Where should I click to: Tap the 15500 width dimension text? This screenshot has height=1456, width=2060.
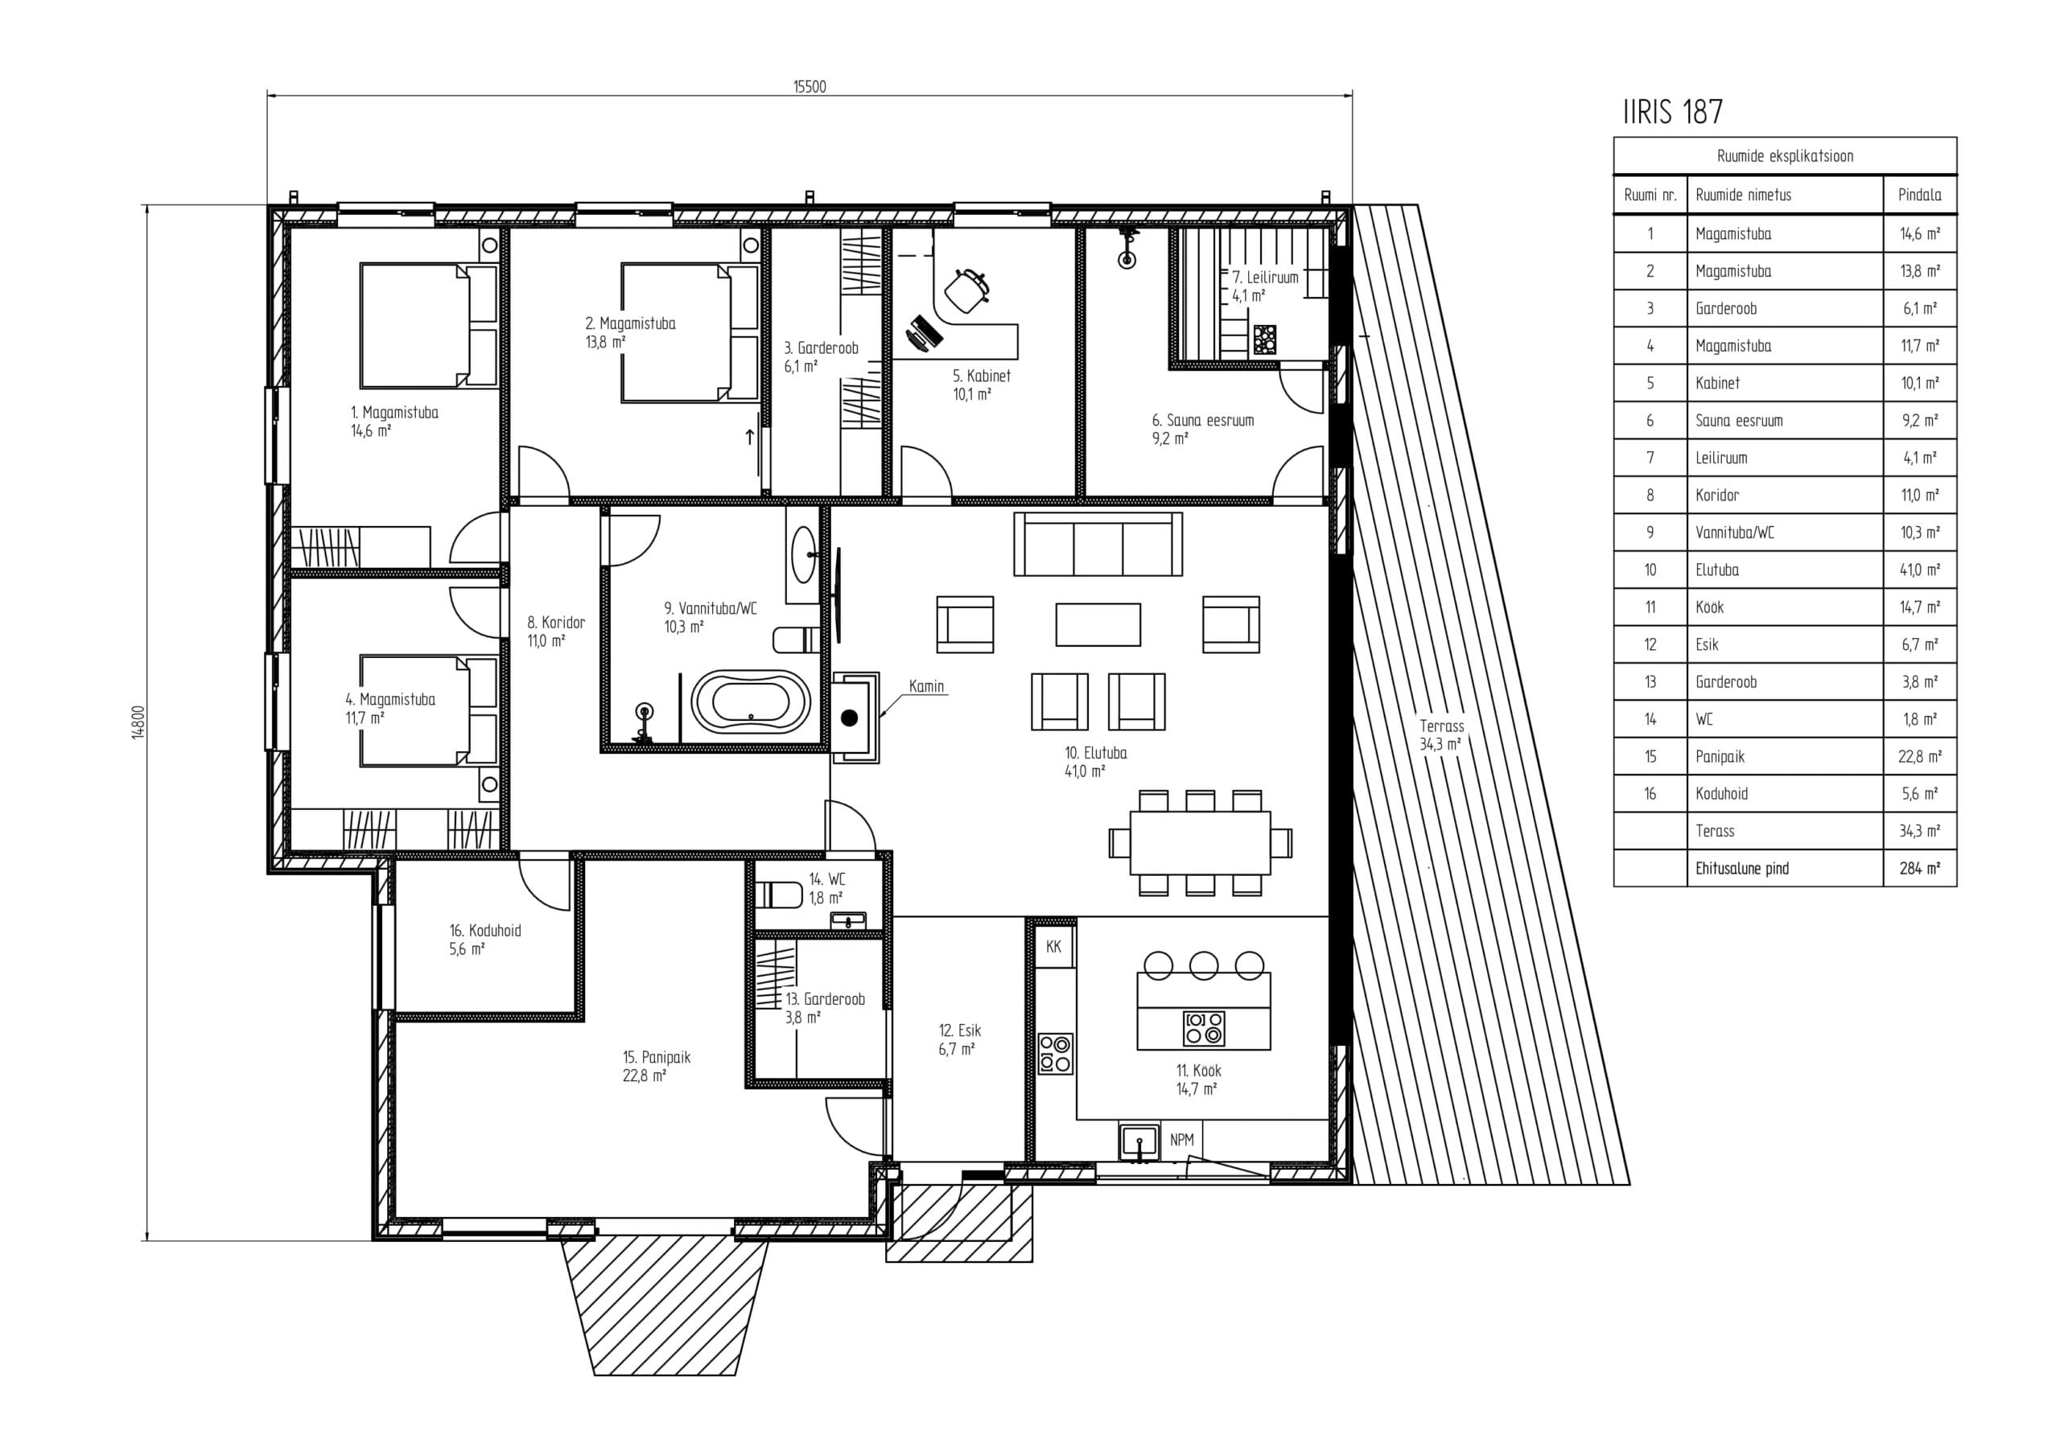point(810,87)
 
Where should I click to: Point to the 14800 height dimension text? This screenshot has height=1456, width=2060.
point(138,722)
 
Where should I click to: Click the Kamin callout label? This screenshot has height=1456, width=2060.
point(926,686)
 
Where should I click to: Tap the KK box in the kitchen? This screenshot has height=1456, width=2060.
point(1054,947)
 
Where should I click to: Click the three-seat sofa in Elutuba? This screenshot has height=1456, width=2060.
point(1098,544)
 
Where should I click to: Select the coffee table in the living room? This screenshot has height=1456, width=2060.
point(1098,624)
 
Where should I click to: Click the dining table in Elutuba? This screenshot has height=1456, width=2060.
point(1201,842)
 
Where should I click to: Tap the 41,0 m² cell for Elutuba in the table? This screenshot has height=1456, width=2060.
point(1919,570)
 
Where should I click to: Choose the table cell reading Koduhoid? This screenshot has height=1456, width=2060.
point(1721,794)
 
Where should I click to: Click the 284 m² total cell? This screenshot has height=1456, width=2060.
point(1919,869)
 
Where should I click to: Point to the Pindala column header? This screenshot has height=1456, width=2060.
point(1919,195)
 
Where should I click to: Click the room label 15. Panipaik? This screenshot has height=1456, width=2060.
point(657,1058)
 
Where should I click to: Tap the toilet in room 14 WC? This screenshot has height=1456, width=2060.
point(779,895)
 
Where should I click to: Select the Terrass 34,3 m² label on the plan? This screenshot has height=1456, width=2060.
point(1441,734)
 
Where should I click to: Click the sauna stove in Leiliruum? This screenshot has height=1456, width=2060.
point(1265,341)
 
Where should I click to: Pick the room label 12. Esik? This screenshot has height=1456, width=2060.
point(960,1030)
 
